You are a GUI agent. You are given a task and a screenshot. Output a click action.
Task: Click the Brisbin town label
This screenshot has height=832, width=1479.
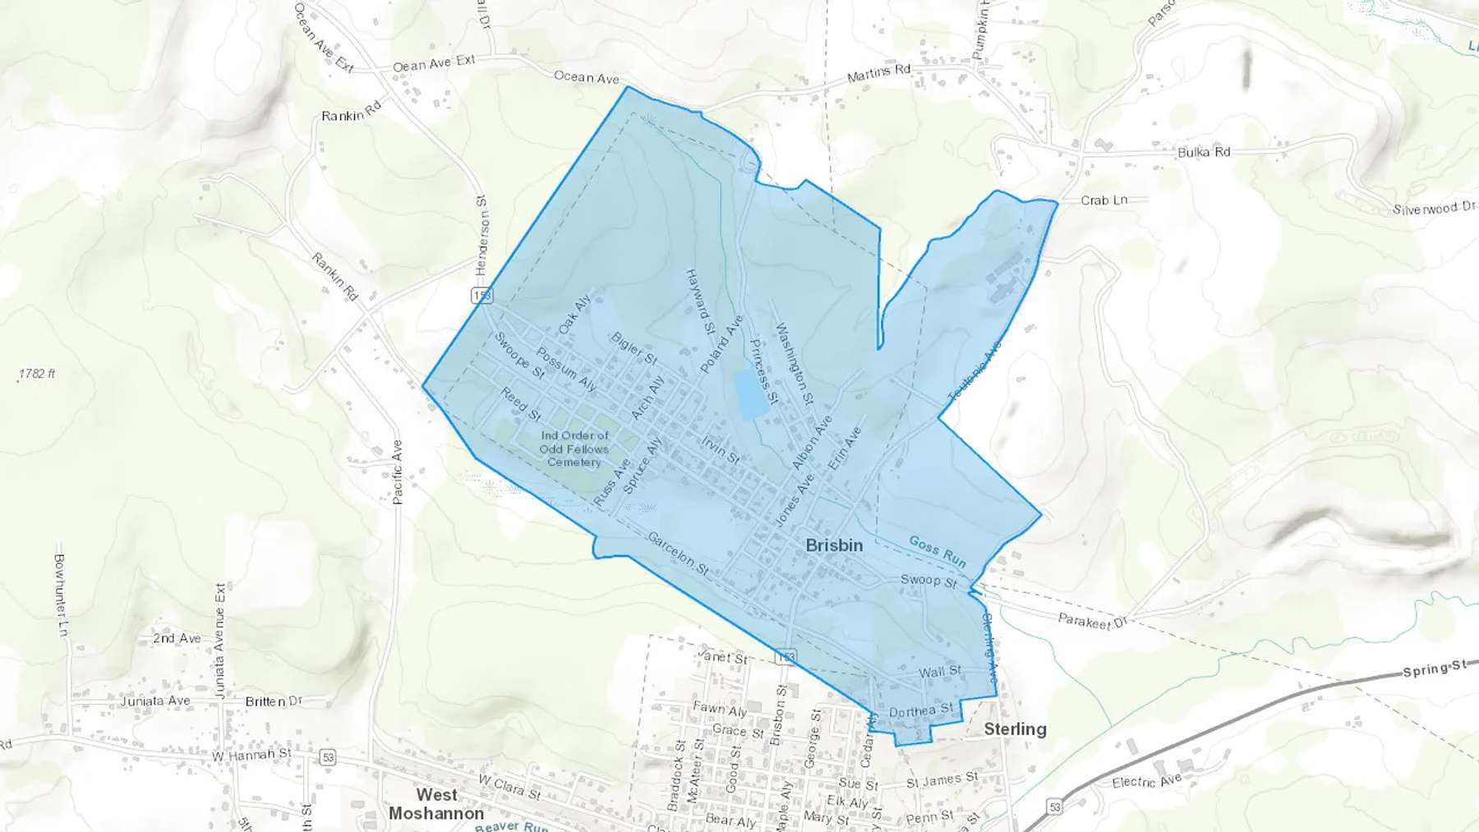(x=834, y=545)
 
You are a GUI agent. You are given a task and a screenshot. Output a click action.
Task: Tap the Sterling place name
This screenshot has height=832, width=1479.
(x=1015, y=729)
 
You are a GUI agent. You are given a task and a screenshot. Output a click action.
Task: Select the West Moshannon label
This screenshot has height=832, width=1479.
(x=436, y=804)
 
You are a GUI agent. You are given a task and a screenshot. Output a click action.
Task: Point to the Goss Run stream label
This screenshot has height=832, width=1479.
(x=938, y=551)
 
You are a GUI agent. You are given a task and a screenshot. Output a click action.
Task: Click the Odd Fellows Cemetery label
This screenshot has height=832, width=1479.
(x=574, y=448)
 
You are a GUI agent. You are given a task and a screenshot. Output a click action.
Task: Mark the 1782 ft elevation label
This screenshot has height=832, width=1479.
(x=37, y=374)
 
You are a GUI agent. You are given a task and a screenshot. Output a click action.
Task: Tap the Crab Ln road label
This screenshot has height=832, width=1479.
(x=1103, y=200)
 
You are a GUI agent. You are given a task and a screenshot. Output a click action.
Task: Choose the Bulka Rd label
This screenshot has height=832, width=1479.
(x=1203, y=152)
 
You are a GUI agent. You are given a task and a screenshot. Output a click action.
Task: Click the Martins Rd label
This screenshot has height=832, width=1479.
(x=878, y=74)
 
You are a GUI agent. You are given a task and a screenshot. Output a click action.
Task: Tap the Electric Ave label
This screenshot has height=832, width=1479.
(x=1146, y=781)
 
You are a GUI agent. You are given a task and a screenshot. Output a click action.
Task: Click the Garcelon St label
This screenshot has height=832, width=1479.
(x=678, y=553)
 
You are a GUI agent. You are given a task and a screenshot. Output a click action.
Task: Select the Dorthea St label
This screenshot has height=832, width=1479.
(x=921, y=710)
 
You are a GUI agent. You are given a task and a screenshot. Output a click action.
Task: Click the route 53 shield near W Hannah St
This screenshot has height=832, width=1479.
(x=328, y=756)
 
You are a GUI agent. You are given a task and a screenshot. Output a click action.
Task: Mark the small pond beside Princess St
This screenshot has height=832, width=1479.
(x=748, y=393)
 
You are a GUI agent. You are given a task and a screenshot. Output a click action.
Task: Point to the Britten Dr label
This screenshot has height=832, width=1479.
(x=274, y=701)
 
